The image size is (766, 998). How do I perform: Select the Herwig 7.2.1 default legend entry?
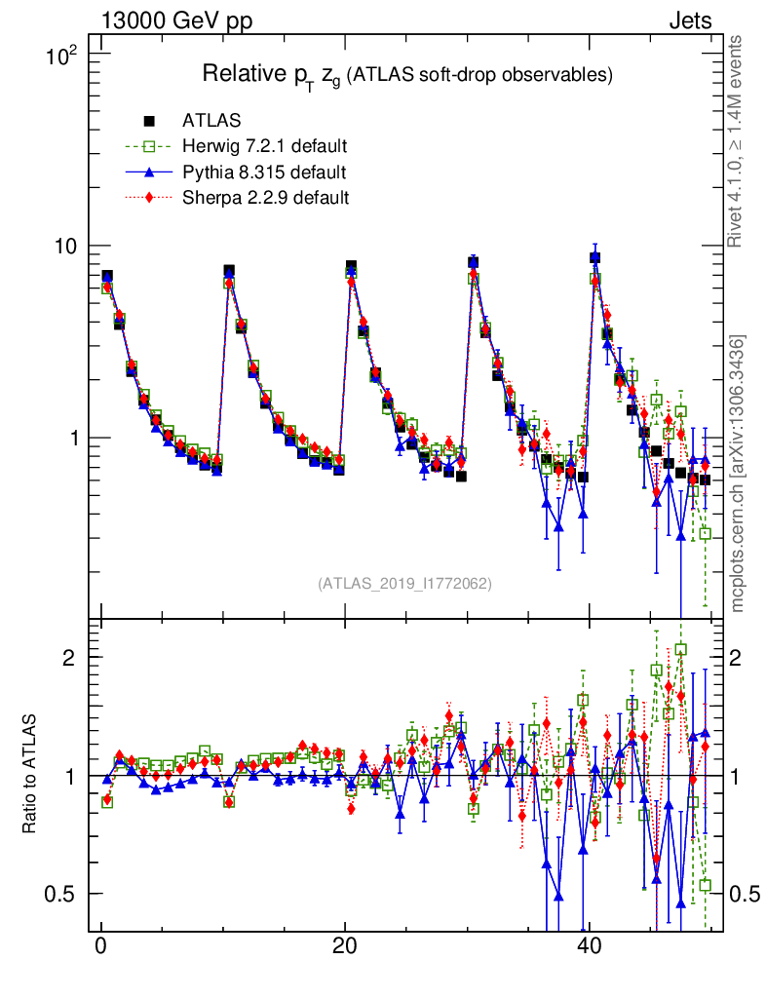[264, 147]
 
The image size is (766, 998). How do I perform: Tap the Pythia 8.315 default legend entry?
[263, 173]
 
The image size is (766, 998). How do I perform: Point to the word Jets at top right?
[689, 20]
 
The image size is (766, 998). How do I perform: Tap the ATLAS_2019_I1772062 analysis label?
[404, 584]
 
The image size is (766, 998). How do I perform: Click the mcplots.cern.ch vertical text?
[738, 473]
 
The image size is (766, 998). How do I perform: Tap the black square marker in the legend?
[149, 121]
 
